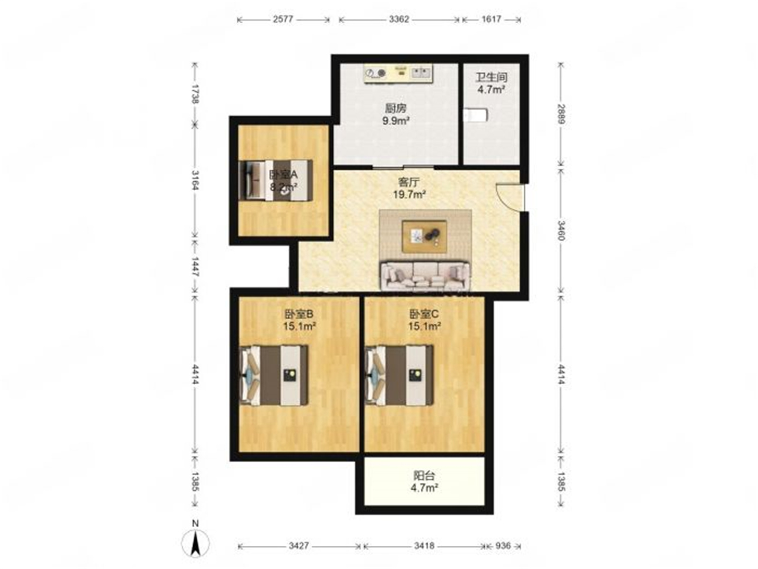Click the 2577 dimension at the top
(283, 19)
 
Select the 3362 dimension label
(399, 19)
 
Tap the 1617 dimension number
(491, 19)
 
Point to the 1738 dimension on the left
(195, 94)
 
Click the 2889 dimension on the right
(561, 114)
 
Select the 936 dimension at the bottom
(503, 545)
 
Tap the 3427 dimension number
(299, 545)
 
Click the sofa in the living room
(425, 276)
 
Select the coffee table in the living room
(424, 236)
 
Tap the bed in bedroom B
(273, 375)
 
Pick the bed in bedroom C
(399, 375)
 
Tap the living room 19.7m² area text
(409, 194)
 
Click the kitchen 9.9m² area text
(396, 121)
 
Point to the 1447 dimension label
(195, 266)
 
